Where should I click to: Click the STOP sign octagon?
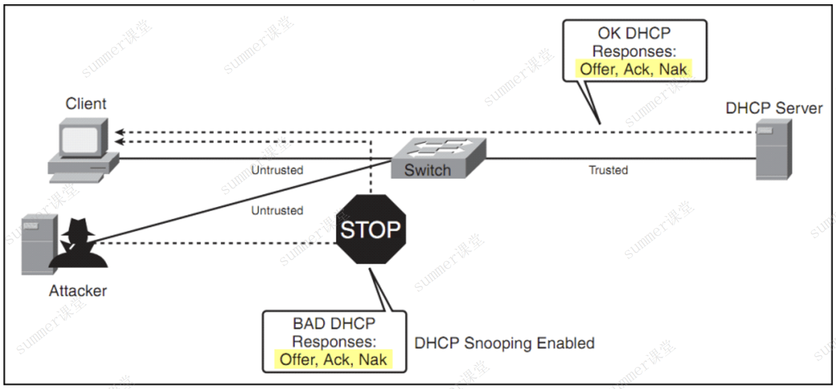click(x=371, y=229)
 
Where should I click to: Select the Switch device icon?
click(x=439, y=158)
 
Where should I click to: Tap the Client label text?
click(x=86, y=104)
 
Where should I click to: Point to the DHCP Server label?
click(x=774, y=108)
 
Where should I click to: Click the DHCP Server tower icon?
click(x=774, y=149)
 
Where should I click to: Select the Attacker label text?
click(x=78, y=291)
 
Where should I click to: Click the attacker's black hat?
click(x=78, y=226)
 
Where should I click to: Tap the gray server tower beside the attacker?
click(x=39, y=244)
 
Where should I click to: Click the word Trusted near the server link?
click(x=609, y=170)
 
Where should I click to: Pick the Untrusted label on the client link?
click(x=277, y=170)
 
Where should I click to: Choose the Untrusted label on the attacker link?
click(x=277, y=210)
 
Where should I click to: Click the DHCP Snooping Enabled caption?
click(x=505, y=343)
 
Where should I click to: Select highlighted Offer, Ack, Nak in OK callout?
click(x=633, y=69)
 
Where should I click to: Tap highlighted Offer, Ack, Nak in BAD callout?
click(x=334, y=359)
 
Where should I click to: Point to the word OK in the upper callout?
click(x=609, y=33)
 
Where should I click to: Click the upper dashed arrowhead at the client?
click(x=119, y=132)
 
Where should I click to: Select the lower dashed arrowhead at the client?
click(x=119, y=142)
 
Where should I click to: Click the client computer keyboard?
click(x=77, y=178)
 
